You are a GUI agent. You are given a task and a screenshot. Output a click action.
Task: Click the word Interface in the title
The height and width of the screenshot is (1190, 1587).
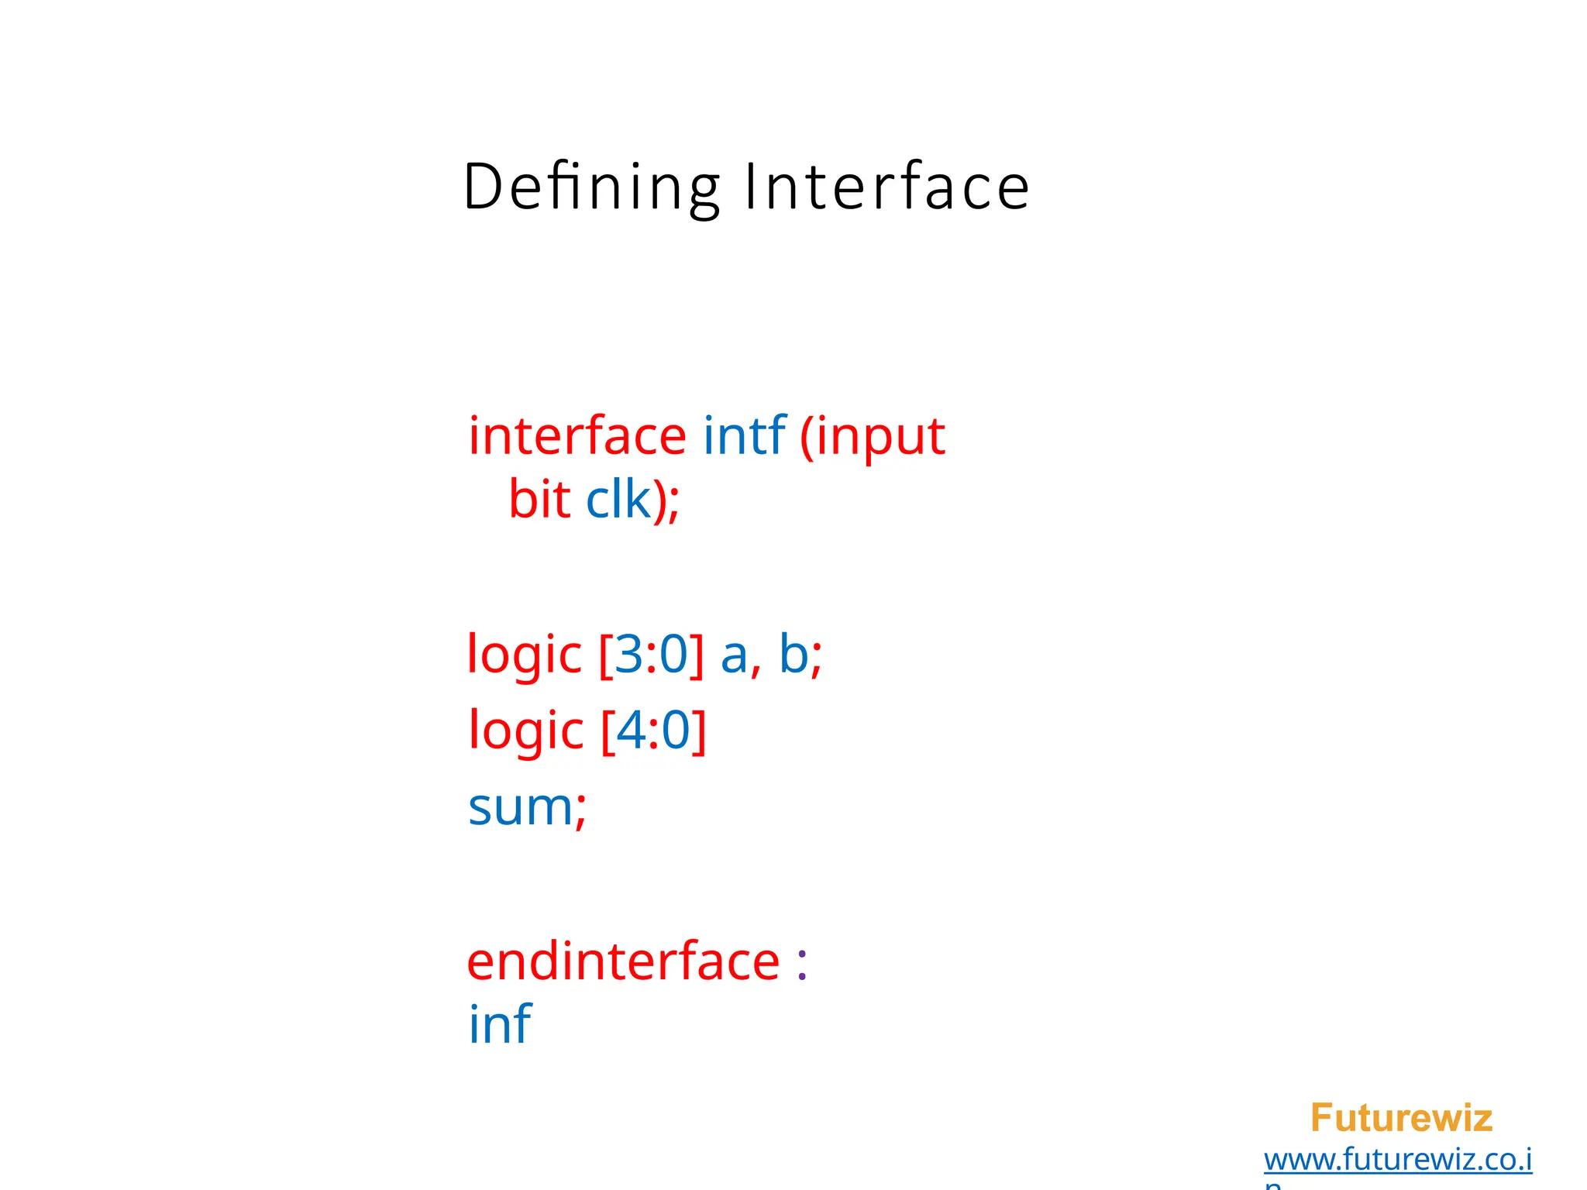click(x=886, y=187)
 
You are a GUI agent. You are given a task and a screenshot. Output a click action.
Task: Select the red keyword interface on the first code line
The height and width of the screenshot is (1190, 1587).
click(x=577, y=436)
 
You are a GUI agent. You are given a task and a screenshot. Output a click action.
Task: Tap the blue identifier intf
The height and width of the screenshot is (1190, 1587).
click(x=745, y=435)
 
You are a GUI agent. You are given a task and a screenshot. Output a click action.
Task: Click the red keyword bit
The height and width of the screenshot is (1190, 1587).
click(x=539, y=499)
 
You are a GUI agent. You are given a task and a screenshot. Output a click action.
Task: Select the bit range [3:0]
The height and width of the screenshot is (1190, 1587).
click(x=652, y=655)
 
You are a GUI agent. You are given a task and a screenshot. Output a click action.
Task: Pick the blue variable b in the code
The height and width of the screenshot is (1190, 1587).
click(x=794, y=654)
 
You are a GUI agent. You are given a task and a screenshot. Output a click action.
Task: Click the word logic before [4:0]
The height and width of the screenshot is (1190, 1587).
click(x=525, y=731)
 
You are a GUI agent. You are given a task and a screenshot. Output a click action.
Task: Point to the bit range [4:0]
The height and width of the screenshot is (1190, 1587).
click(x=653, y=731)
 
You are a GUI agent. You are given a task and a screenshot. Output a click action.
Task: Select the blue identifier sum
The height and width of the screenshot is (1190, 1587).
click(x=521, y=808)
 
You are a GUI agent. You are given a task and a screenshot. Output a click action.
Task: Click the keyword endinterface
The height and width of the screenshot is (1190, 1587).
click(x=623, y=962)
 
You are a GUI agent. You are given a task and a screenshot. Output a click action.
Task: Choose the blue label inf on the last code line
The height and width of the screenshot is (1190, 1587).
click(x=500, y=1024)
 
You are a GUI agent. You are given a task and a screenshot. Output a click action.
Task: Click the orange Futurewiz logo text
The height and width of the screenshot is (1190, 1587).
click(x=1401, y=1118)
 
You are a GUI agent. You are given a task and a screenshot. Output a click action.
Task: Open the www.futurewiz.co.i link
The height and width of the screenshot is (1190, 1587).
click(x=1398, y=1160)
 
